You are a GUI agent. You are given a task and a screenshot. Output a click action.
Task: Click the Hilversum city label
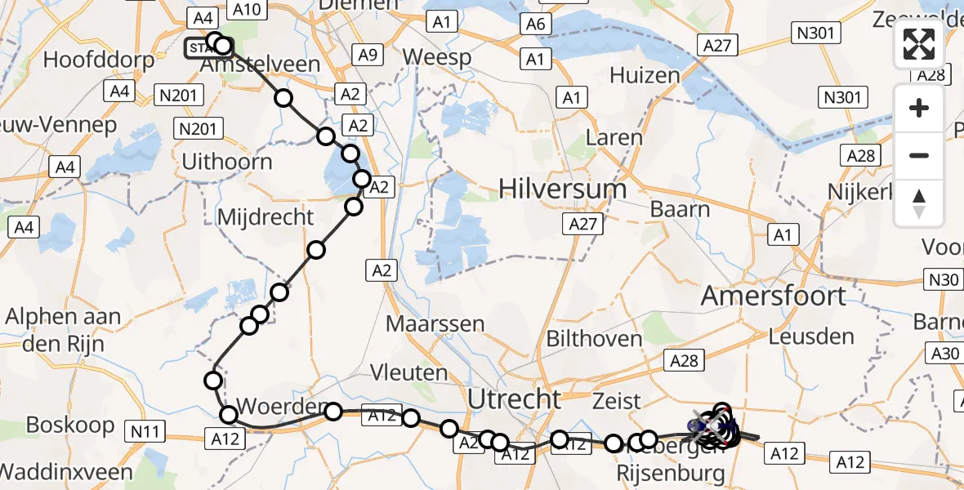(563, 189)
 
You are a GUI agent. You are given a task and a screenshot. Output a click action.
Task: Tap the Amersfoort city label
(773, 296)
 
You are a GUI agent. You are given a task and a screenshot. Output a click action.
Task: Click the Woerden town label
(270, 406)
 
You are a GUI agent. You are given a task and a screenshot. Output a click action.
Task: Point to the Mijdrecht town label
(266, 217)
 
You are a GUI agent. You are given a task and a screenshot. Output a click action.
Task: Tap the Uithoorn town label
(226, 162)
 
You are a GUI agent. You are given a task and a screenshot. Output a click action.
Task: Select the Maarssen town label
(435, 323)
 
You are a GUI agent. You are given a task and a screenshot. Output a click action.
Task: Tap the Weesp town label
(437, 58)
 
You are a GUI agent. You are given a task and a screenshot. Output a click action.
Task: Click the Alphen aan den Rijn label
(64, 330)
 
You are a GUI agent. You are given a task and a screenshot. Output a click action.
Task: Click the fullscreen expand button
(919, 44)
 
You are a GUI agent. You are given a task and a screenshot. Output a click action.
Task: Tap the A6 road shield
(535, 24)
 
